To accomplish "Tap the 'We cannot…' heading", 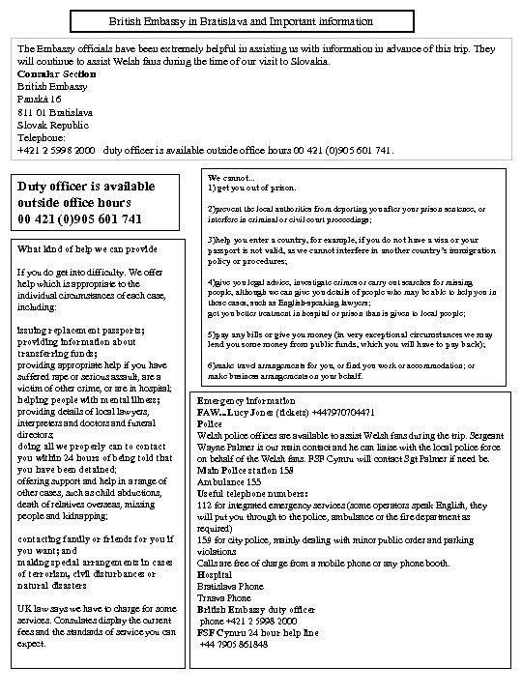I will click(x=231, y=177).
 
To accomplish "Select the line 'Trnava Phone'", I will click(x=229, y=597).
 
